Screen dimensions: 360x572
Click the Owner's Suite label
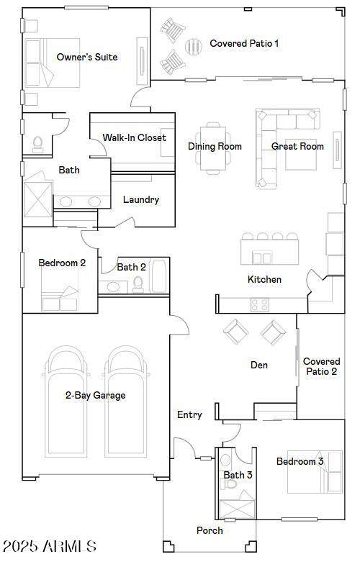click(87, 57)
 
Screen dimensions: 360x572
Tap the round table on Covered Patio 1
click(193, 46)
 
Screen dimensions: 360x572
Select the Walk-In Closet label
click(134, 137)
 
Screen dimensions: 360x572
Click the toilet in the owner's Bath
click(37, 144)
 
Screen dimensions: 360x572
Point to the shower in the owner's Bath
click(38, 199)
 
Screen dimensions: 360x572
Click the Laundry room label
click(141, 199)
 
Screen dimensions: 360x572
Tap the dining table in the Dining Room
click(213, 148)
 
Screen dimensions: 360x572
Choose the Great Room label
click(297, 146)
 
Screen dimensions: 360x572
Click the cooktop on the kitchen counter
click(260, 304)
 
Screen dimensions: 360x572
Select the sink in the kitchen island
click(262, 258)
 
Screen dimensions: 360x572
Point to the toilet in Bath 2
click(138, 284)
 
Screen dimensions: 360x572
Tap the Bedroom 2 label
click(62, 263)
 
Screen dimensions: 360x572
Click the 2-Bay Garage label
click(95, 396)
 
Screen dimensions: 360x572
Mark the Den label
click(259, 366)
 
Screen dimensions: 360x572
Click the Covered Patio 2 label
click(321, 366)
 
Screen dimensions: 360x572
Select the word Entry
click(189, 414)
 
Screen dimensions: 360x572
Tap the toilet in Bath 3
click(230, 484)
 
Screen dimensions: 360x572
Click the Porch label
click(210, 530)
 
